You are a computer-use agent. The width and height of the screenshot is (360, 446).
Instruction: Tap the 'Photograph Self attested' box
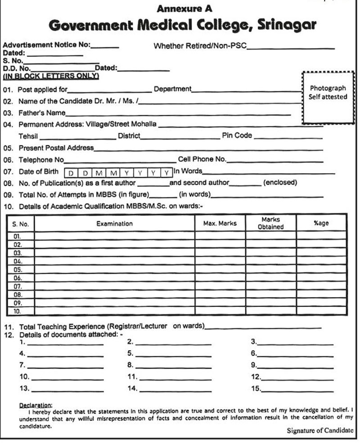328,97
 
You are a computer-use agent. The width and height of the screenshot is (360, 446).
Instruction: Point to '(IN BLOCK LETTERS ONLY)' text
51,76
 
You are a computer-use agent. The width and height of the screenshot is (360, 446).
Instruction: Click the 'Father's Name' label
42,113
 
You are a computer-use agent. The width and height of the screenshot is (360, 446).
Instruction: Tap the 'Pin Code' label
237,135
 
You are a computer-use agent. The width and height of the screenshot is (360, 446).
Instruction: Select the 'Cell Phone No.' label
202,159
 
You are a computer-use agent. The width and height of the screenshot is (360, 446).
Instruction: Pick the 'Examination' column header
114,223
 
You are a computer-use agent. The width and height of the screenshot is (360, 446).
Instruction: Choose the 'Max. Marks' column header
220,223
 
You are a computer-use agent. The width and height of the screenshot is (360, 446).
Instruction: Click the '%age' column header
321,223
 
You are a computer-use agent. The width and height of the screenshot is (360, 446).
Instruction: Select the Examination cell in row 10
114,311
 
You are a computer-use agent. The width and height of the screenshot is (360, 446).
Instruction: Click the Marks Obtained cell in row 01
270,235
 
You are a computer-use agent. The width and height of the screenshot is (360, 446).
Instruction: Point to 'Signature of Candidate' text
320,431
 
